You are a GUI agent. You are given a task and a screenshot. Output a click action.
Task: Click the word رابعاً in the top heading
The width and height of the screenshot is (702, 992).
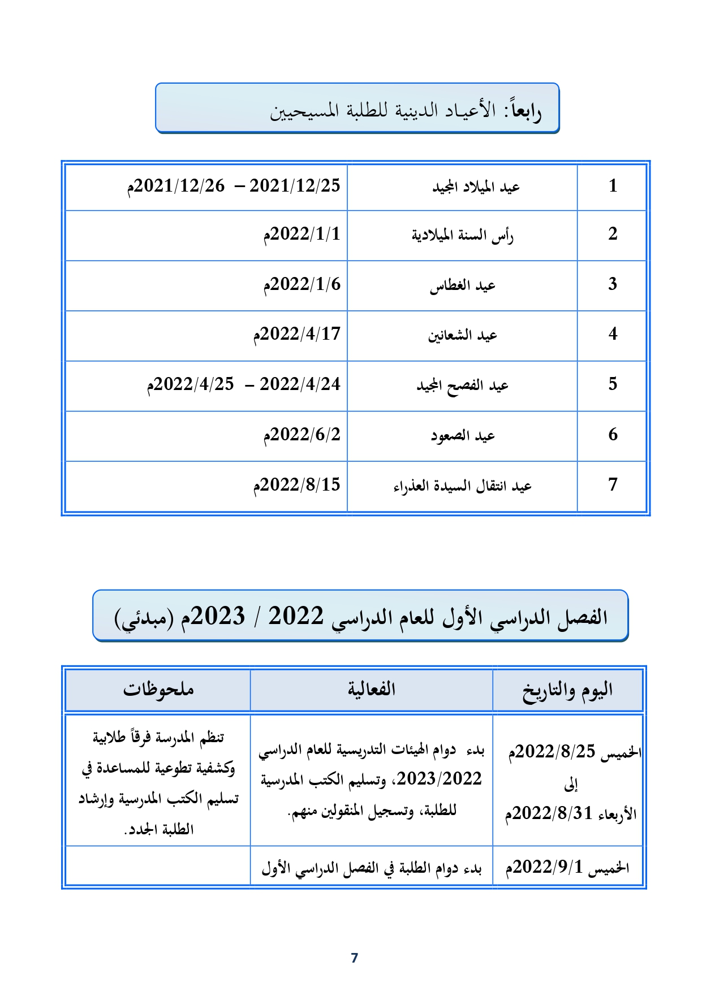(526, 111)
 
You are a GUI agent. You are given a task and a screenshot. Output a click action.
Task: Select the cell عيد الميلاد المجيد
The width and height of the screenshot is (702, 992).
(476, 187)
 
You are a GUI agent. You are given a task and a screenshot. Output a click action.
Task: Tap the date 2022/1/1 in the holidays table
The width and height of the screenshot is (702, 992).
(302, 235)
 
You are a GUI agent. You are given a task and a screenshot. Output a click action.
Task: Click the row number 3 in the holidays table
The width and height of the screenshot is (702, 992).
(613, 284)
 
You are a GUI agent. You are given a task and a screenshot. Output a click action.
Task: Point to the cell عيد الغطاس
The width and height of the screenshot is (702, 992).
(462, 286)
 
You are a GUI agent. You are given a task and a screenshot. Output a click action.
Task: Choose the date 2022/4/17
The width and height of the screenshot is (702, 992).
(297, 335)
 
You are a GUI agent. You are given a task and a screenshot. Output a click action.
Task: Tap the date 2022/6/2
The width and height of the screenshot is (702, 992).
(302, 435)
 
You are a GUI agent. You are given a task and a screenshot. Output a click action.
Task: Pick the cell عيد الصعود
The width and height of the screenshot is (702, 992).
(462, 436)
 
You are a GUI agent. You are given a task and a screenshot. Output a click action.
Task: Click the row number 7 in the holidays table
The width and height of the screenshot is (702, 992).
(613, 484)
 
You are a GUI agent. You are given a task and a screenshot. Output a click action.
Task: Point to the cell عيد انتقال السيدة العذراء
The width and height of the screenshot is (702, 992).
(462, 486)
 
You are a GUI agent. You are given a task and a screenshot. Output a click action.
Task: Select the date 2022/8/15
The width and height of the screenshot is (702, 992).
(297, 485)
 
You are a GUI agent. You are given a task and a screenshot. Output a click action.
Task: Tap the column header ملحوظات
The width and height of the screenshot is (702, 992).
(158, 690)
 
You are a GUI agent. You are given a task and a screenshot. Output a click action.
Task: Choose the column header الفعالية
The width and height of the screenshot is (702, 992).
(371, 690)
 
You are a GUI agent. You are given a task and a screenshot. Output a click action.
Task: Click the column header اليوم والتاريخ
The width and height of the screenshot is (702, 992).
(567, 690)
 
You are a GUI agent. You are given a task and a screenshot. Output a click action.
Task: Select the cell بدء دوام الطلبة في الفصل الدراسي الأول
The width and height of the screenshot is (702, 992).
(371, 868)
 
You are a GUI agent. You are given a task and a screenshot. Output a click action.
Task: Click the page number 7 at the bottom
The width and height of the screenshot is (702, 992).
(355, 958)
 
